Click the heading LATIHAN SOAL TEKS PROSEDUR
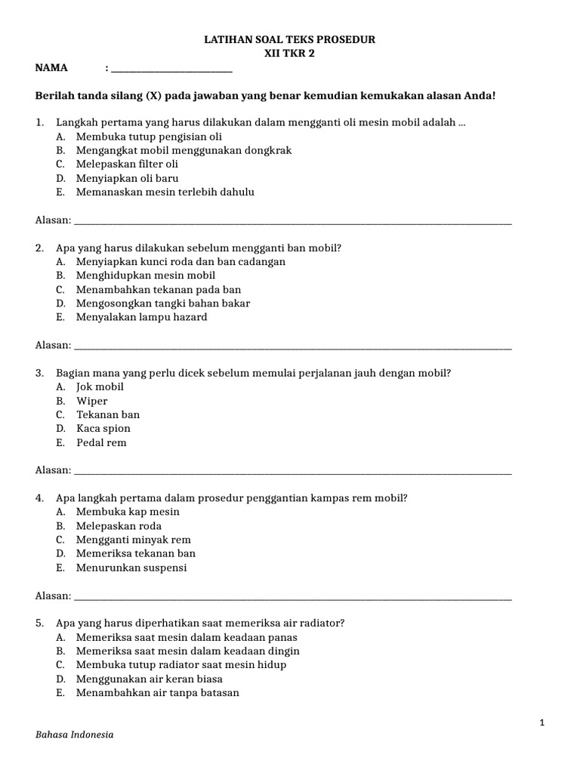click(290, 39)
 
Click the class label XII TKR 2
click(290, 54)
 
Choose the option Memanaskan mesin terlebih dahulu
click(165, 192)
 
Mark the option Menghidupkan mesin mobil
click(145, 276)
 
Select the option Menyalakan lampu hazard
click(141, 317)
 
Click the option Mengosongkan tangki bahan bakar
click(162, 303)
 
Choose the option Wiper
click(91, 401)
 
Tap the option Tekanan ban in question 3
click(107, 414)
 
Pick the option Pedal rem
click(101, 442)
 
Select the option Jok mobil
click(100, 386)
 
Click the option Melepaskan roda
click(119, 526)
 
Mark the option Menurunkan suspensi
click(131, 568)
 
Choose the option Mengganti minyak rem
click(133, 540)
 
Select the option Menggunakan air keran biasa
click(149, 679)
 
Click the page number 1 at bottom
click(541, 722)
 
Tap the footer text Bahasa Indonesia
click(75, 735)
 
